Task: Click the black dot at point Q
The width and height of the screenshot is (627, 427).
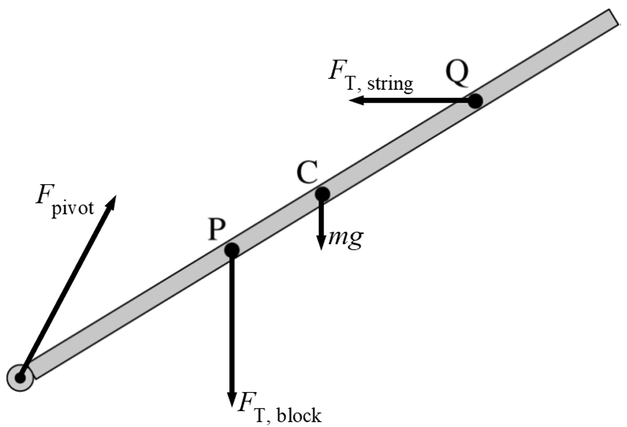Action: [475, 101]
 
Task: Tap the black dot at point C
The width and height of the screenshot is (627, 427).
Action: [322, 194]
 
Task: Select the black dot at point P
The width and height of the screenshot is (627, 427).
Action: [232, 250]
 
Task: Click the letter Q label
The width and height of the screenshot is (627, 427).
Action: [457, 73]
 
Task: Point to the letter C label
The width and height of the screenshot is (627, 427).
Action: [307, 172]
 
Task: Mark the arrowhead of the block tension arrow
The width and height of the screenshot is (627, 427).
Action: [232, 399]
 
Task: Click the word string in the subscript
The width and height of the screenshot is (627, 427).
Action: [390, 84]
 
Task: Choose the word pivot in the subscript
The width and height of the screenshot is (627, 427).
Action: [72, 208]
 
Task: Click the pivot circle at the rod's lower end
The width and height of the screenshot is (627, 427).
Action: [20, 377]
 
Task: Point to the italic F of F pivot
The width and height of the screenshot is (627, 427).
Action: [43, 195]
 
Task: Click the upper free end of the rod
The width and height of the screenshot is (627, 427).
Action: [616, 18]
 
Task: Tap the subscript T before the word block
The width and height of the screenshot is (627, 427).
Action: [261, 415]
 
